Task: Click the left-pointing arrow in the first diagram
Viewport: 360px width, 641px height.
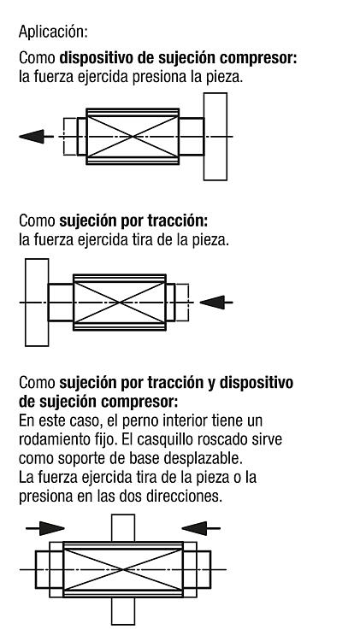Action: coord(36,136)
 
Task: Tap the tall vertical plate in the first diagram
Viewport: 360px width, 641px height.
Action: coord(215,137)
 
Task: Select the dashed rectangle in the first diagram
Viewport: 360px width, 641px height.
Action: coord(70,137)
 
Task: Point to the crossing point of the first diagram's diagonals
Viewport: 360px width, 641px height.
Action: coord(133,137)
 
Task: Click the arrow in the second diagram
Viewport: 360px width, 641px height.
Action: coord(216,303)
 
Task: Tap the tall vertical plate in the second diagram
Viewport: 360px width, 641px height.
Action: coord(37,303)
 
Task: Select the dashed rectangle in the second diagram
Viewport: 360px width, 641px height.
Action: coord(182,303)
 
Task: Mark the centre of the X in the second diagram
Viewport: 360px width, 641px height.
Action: coord(120,303)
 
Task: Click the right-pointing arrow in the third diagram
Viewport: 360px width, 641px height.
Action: coord(45,528)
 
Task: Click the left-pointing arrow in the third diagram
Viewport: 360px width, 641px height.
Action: coord(201,528)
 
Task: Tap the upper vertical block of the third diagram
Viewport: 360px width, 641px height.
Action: coord(123,528)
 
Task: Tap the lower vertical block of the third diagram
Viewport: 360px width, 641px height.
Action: coord(123,611)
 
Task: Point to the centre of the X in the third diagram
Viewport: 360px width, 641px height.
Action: coord(123,569)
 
